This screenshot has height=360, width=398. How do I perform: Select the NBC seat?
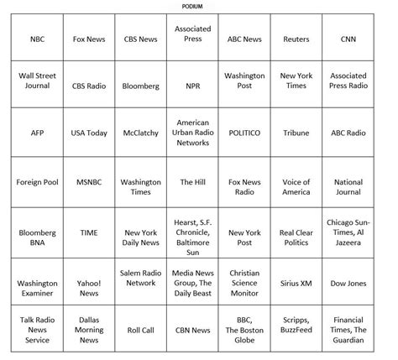(x=38, y=39)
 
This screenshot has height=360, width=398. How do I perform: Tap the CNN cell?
(x=348, y=39)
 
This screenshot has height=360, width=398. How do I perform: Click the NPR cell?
(x=192, y=86)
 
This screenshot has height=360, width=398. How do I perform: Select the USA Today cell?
(x=89, y=133)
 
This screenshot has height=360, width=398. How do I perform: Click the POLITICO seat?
(x=244, y=133)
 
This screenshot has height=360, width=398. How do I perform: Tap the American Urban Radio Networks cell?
(x=192, y=133)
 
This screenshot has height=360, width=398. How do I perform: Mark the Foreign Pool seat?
(x=38, y=181)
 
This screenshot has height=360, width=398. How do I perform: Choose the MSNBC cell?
(x=89, y=181)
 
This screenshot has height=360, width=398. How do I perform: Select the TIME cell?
(x=89, y=232)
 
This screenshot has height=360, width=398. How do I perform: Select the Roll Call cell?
(x=140, y=331)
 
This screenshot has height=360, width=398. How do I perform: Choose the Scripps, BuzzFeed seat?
(x=296, y=331)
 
